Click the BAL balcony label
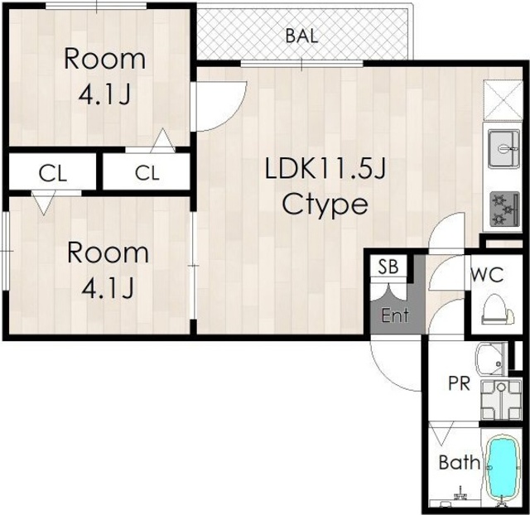pyautogui.click(x=301, y=36)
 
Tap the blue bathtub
pyautogui.click(x=503, y=469)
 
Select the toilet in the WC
pyautogui.click(x=497, y=310)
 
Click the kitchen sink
pyautogui.click(x=503, y=149)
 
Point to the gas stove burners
pyautogui.click(x=504, y=209)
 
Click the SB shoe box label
pyautogui.click(x=388, y=267)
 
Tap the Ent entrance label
pyautogui.click(x=395, y=315)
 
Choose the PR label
pyautogui.click(x=459, y=383)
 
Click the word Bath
pyautogui.click(x=460, y=462)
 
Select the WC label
pyautogui.click(x=488, y=274)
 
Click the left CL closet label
pyautogui.click(x=53, y=174)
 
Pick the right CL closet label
pyautogui.click(x=147, y=173)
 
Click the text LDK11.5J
pyautogui.click(x=325, y=169)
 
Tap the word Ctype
pyautogui.click(x=325, y=205)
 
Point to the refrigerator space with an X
pyautogui.click(x=503, y=100)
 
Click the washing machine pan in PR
pyautogui.click(x=501, y=400)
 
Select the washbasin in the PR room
pyautogui.click(x=490, y=359)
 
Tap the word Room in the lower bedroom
pyautogui.click(x=108, y=253)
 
